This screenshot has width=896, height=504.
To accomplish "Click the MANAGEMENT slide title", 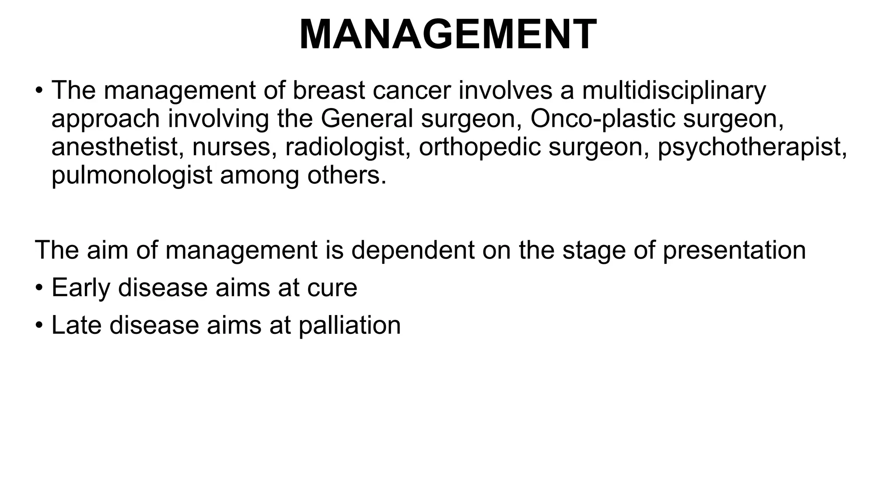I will pyautogui.click(x=448, y=35).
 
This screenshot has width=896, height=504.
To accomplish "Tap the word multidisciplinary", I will pyautogui.click(x=674, y=91).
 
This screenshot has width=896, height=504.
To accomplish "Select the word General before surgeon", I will pyautogui.click(x=367, y=119).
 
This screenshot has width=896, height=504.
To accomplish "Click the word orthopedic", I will pyautogui.click(x=479, y=147).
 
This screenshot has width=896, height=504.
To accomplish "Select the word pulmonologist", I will pyautogui.click(x=132, y=175).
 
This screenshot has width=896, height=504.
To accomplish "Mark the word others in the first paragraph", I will pyautogui.click(x=346, y=175).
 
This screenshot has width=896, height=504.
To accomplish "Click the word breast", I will pyautogui.click(x=329, y=91).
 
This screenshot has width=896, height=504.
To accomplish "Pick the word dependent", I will pyautogui.click(x=413, y=250).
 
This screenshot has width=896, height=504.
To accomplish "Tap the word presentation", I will pyautogui.click(x=734, y=250).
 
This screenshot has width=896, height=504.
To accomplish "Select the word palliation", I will pyautogui.click(x=350, y=325).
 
